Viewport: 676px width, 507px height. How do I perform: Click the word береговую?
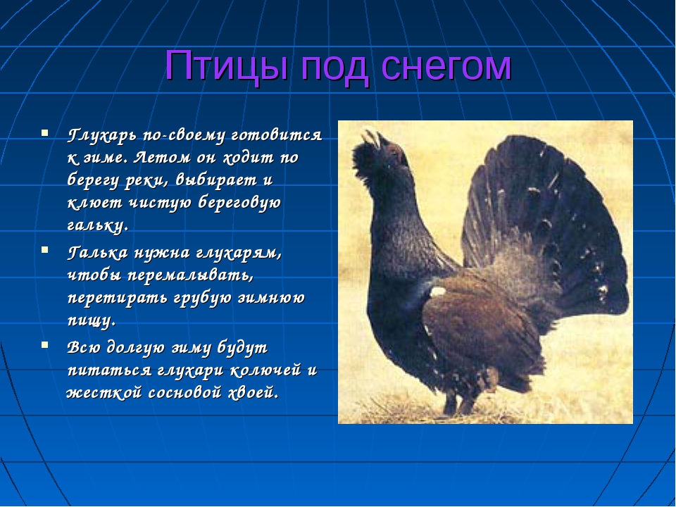point(239,203)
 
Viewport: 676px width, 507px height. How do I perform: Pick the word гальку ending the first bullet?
point(97,225)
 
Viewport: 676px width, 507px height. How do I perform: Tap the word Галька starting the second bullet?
point(97,253)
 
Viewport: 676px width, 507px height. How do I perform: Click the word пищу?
point(92,321)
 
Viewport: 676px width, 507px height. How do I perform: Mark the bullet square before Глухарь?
point(44,132)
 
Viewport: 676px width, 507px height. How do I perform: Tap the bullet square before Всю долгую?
point(44,344)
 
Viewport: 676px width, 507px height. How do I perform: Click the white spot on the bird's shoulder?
point(438,292)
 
